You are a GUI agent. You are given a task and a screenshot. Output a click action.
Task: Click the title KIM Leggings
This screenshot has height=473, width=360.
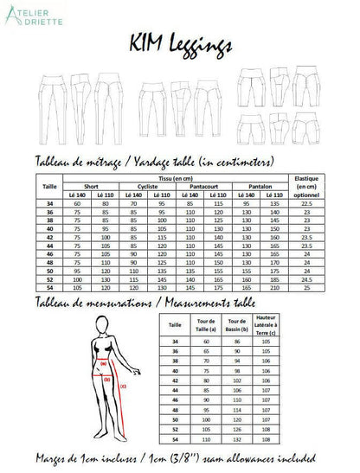[x=179, y=42]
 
